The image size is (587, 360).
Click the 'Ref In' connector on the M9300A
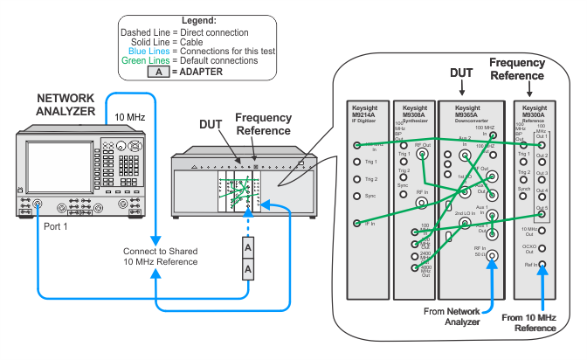pos(542,263)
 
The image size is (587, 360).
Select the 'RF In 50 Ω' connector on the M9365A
pos(492,257)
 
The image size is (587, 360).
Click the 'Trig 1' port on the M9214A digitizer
pos(356,162)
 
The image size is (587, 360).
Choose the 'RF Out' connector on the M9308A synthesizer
pos(422,154)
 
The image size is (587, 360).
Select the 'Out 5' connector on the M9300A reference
pos(542,209)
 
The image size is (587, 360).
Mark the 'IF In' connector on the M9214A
pos(356,225)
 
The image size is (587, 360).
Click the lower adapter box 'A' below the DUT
pos(247,270)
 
